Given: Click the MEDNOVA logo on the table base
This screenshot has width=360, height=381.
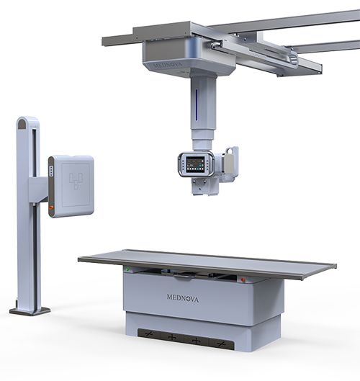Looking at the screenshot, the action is click(183, 298).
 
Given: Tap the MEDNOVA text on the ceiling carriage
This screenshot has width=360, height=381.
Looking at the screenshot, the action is click(168, 66).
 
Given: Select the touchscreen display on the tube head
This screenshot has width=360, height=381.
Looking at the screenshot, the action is click(195, 164).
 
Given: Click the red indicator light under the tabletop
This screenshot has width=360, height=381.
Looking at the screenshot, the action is click(243, 279).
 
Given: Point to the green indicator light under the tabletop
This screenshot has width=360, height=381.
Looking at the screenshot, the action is click(127, 269).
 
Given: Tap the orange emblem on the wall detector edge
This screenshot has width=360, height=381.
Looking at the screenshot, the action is click(51, 207).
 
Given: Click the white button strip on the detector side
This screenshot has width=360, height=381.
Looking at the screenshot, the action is click(51, 171).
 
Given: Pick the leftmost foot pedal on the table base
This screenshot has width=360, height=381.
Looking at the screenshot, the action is click(149, 334).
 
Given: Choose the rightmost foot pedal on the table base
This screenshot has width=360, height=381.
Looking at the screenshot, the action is click(222, 344).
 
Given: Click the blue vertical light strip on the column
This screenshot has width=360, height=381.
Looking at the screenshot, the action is click(197, 104).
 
